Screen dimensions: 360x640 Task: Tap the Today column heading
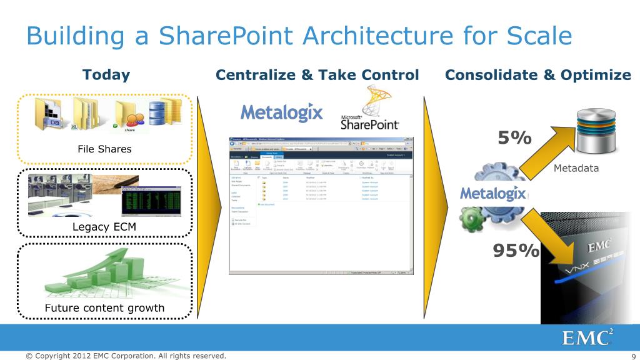tap(106, 75)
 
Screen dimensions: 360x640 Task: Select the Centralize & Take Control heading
tap(317, 76)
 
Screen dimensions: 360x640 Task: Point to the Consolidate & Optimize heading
tap(537, 76)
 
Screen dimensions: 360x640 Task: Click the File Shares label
tap(104, 149)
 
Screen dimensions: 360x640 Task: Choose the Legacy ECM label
tap(104, 226)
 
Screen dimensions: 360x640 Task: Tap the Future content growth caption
tap(104, 307)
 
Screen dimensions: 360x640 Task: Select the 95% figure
tap(516, 251)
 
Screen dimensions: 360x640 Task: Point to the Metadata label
tap(576, 168)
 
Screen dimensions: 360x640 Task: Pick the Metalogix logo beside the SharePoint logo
tap(282, 112)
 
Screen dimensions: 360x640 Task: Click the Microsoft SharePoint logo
tap(369, 112)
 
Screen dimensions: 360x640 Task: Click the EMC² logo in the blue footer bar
tap(587, 337)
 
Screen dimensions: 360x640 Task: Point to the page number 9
tap(633, 356)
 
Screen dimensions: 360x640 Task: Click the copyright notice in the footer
tap(125, 356)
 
